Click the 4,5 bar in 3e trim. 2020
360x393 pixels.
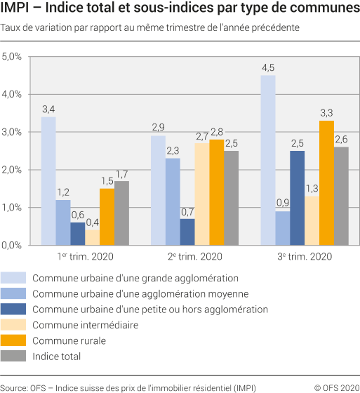pos(268,160)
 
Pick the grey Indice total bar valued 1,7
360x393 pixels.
pos(122,213)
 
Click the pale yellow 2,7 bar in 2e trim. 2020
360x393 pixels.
pos(201,194)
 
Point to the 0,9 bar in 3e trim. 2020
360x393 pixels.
pos(283,229)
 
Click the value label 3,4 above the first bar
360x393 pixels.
pos(48,109)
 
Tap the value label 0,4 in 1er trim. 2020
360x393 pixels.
pos(93,222)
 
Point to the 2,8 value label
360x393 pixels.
pos(216,131)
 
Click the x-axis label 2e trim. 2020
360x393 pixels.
pos(195,258)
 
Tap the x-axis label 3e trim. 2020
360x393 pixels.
pos(305,258)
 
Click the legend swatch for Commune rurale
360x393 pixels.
pos(15,340)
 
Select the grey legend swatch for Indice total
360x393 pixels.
pos(15,356)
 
